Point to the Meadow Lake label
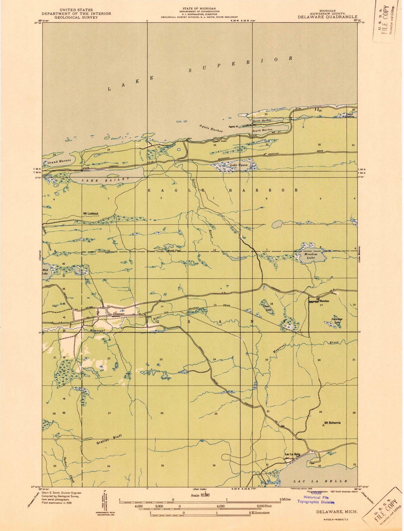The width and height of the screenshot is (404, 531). tap(310, 256)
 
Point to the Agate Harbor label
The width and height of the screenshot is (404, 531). tap(211, 129)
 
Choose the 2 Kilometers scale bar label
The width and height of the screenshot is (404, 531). tap(260, 512)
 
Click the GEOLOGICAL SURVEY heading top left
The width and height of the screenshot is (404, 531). tap(76, 18)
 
